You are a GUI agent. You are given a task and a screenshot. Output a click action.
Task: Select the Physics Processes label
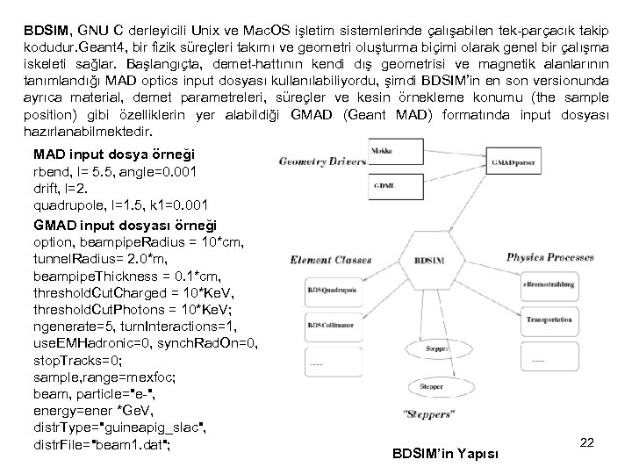click(550, 257)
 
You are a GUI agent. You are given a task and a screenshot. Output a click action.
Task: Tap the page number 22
click(587, 443)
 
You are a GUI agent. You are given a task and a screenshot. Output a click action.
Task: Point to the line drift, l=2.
click(64, 189)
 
